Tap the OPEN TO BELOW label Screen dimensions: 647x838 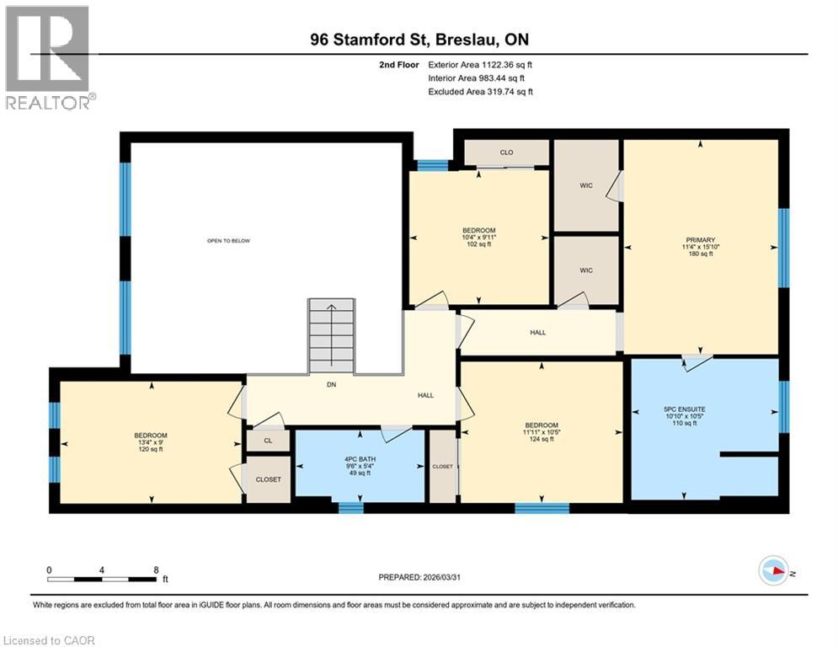point(228,241)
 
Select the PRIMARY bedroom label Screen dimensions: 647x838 point(700,246)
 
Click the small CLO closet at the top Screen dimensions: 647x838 point(506,152)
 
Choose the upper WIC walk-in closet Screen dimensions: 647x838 point(586,185)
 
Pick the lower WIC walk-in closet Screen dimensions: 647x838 point(586,270)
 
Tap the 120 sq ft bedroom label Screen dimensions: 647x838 point(150,442)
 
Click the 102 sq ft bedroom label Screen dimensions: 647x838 point(478,238)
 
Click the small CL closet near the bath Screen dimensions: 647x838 point(267,440)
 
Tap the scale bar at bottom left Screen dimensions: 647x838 point(103,578)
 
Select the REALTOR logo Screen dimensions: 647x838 point(47,56)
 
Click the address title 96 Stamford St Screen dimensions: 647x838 point(418,40)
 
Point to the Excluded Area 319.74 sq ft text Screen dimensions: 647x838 point(480,92)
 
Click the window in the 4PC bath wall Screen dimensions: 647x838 point(350,507)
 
